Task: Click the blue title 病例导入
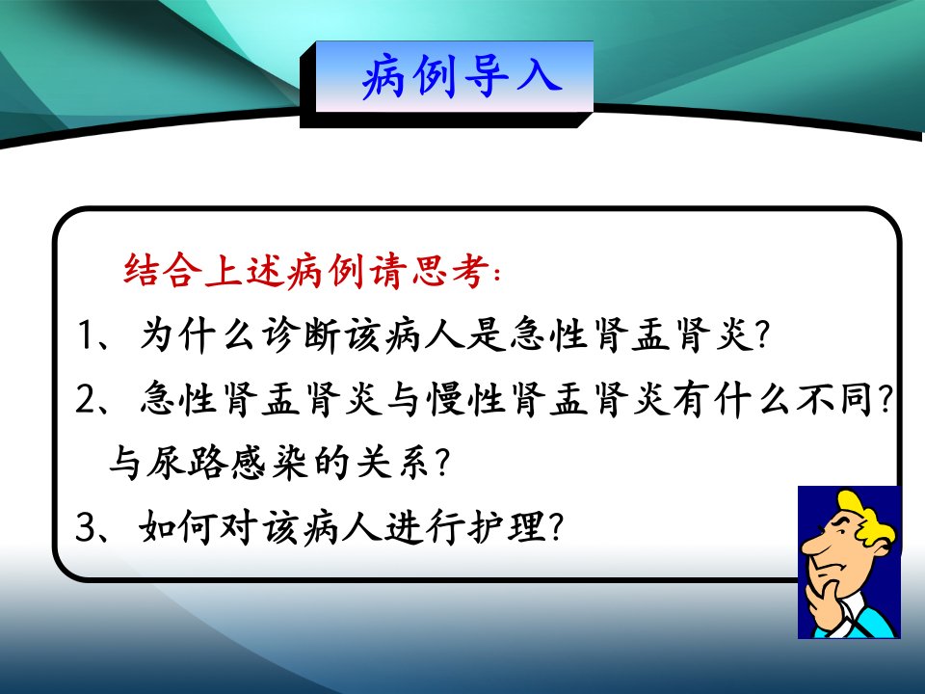(x=462, y=76)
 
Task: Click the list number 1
(x=86, y=335)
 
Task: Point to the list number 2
(x=86, y=399)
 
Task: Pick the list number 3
(x=86, y=526)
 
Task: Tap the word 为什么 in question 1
(x=197, y=335)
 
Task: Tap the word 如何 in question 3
(x=177, y=526)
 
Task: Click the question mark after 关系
(x=440, y=463)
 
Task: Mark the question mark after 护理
(x=556, y=527)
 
